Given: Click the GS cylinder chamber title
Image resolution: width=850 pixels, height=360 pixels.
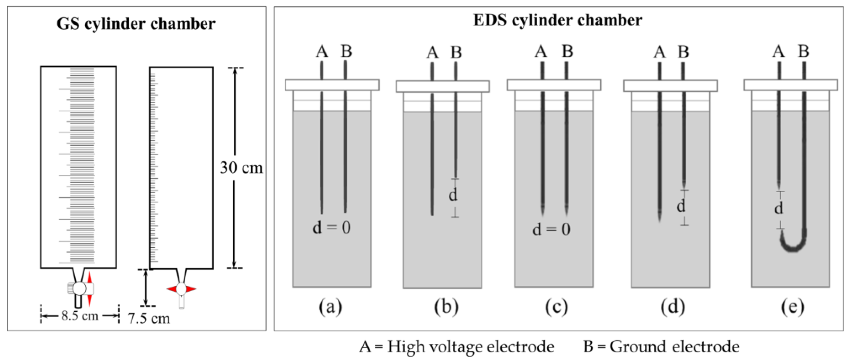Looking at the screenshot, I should coord(136,24).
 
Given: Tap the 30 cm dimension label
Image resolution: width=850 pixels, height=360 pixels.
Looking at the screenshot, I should coord(241,168).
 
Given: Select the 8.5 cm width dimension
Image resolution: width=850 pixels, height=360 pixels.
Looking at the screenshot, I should coord(80,316).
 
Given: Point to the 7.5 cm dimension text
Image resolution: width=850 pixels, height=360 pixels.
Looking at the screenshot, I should coord(149,319).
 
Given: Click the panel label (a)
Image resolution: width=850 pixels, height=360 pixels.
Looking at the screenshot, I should coord(330,307).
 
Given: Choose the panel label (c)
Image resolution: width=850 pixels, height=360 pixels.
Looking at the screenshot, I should coord(556,307).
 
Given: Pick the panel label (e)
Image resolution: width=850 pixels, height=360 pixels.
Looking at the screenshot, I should coord(793,307).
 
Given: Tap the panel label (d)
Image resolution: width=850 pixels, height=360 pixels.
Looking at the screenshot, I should coord(672,307).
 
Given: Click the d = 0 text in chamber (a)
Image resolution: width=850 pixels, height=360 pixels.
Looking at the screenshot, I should coord(332,228).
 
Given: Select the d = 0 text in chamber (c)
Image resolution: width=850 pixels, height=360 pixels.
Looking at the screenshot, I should coord(551,230).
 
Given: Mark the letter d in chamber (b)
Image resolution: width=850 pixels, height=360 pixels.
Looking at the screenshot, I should coord(453,195).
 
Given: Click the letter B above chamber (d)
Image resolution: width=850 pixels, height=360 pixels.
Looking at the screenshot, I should coord(683,52).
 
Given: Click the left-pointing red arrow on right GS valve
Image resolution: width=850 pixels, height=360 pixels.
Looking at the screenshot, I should coord(172,289).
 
